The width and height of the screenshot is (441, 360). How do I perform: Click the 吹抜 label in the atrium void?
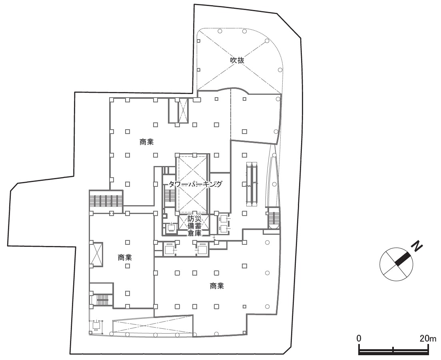coord(237,60)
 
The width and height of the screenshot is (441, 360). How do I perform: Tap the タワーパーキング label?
coord(195,184)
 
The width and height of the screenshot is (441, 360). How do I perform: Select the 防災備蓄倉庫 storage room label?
coord(194,226)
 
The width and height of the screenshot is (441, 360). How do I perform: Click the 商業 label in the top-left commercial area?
coord(146,142)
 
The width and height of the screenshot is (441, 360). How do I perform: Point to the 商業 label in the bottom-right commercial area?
coord(217,286)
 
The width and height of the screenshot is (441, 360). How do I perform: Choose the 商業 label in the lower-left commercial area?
coord(125,257)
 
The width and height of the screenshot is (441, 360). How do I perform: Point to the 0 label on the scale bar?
coord(359,338)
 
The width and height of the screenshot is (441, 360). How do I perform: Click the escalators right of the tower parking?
coord(252,184)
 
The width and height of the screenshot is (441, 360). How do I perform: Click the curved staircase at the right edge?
coord(273,217)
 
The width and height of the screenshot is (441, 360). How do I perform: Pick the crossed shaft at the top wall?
coord(183,110)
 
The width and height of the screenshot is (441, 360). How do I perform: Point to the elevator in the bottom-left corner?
coord(96,326)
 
